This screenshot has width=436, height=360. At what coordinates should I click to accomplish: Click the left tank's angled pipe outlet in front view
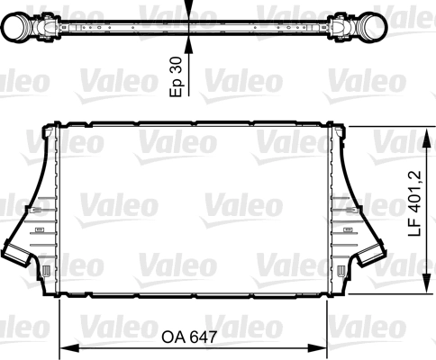(x=18, y=254)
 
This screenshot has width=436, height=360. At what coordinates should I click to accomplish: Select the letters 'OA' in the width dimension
(x=173, y=337)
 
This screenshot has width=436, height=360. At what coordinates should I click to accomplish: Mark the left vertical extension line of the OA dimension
(x=59, y=324)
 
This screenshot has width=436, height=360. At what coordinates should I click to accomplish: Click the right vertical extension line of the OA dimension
(x=327, y=324)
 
